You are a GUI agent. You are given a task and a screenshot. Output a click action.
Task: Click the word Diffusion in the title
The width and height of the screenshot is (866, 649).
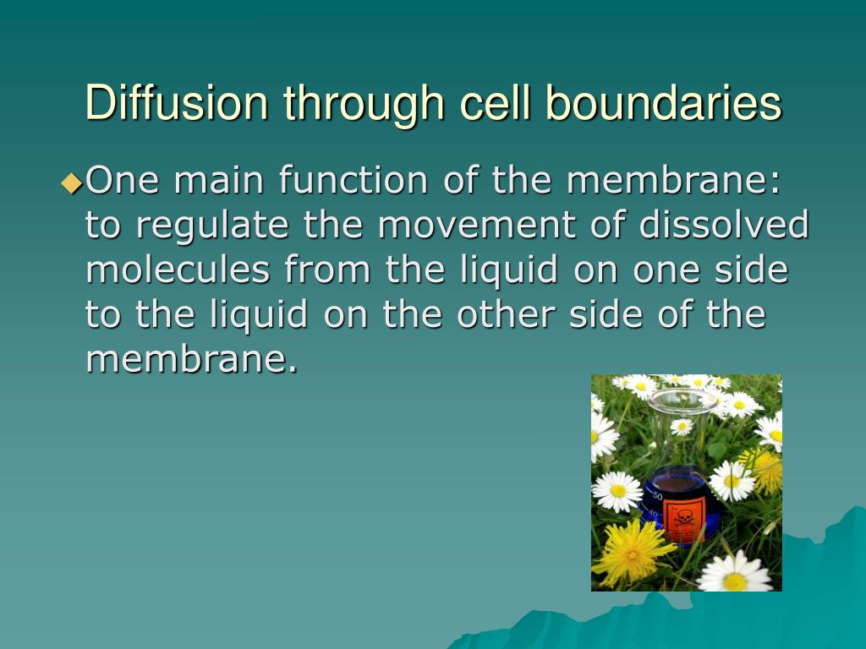177,102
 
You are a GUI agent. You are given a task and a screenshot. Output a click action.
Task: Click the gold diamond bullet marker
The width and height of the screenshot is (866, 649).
73,183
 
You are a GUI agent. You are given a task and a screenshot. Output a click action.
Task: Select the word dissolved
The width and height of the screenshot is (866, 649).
724,224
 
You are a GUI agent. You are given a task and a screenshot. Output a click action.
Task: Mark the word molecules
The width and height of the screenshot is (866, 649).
178,269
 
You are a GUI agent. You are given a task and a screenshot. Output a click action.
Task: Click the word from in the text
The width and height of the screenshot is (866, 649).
327,269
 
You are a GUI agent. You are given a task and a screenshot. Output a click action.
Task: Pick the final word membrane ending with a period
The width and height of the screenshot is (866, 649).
192,358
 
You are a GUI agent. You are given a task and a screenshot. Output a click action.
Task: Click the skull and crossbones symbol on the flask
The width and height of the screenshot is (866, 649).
683,518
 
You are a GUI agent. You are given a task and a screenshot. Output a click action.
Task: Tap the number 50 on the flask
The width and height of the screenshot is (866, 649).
656,495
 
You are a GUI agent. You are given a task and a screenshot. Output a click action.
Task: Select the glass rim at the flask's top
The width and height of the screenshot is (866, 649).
682,401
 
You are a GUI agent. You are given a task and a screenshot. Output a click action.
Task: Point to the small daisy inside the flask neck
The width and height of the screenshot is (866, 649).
682,427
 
